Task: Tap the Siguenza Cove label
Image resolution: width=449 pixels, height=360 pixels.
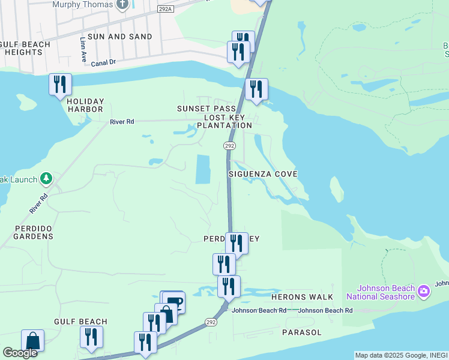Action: (263, 173)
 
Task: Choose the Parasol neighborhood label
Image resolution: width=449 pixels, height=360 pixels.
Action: (301, 332)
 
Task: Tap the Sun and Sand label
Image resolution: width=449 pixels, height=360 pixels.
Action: (120, 37)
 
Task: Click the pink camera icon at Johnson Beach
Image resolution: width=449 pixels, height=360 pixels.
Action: (424, 292)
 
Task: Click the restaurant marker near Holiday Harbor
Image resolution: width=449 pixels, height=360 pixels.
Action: (60, 84)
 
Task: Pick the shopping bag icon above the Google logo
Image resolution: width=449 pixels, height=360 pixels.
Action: (32, 340)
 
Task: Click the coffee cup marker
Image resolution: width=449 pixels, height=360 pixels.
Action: (174, 301)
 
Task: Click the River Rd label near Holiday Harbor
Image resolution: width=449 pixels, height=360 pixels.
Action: (122, 122)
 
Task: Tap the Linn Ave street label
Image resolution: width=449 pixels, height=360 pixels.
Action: (83, 49)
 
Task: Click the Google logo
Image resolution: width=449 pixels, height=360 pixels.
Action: (20, 352)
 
